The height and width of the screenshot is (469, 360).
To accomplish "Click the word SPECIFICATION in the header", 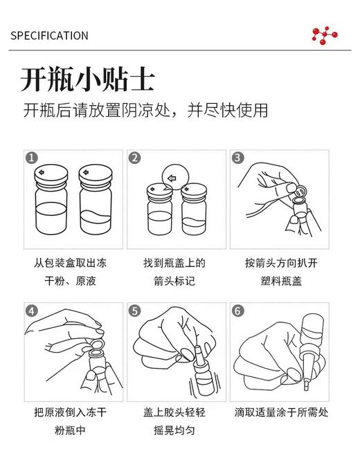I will tap(49, 35).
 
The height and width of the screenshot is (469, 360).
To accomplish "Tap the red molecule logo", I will tap(324, 35).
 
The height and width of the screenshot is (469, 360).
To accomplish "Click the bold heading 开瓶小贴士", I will tap(87, 80).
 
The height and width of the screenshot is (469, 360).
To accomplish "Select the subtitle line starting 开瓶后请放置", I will tap(145, 111).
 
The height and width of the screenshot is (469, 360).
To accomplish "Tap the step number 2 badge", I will tap(135, 158).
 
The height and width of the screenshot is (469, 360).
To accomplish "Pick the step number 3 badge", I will tap(237, 158).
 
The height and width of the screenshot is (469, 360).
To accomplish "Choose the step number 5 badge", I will tap(135, 311).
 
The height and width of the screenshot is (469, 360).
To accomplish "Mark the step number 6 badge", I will tap(237, 311).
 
